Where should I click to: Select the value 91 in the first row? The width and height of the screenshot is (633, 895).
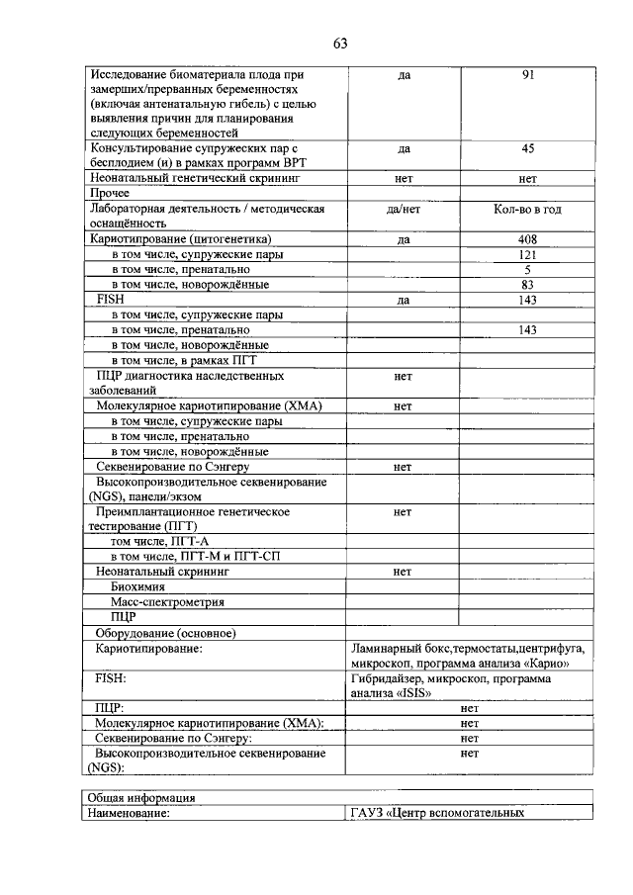(x=527, y=75)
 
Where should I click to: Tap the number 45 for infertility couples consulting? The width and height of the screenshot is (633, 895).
(x=527, y=149)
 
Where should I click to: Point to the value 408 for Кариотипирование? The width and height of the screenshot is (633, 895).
(x=527, y=239)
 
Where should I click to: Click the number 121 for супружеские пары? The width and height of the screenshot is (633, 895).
(x=527, y=255)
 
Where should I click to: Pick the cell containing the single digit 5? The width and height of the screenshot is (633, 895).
(x=527, y=270)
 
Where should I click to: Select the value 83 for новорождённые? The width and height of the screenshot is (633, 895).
(x=527, y=285)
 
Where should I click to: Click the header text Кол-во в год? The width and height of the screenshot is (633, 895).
(x=527, y=210)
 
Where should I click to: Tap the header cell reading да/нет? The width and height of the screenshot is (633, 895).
(x=403, y=210)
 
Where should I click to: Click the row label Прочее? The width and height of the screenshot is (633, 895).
(x=110, y=194)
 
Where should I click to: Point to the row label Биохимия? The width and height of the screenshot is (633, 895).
(x=137, y=586)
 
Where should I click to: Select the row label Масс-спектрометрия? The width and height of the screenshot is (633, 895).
(x=166, y=601)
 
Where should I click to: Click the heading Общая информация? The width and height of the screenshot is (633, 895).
(x=141, y=798)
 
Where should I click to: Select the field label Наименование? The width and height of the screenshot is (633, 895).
(x=128, y=813)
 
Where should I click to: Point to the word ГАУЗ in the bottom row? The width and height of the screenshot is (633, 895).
(x=367, y=813)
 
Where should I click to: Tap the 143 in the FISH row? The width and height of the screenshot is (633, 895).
(x=527, y=300)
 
